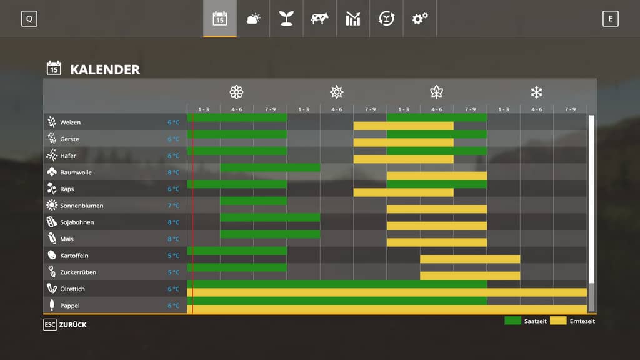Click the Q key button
click(x=29, y=19)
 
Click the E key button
click(x=610, y=19)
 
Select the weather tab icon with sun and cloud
click(x=253, y=19)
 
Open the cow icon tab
click(x=319, y=19)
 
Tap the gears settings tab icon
click(x=419, y=19)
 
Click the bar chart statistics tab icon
click(x=353, y=19)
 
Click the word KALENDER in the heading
click(x=105, y=69)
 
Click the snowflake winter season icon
click(x=536, y=92)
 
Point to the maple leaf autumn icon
click(x=436, y=92)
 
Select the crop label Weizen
click(x=70, y=122)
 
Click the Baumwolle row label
click(x=75, y=172)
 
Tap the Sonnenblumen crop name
click(x=81, y=206)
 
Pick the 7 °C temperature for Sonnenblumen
click(x=173, y=206)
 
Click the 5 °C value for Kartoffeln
click(x=173, y=256)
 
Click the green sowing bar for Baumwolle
click(x=270, y=167)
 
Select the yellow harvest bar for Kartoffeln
click(x=469, y=259)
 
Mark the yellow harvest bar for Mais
click(x=436, y=242)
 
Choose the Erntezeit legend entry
click(x=572, y=321)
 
